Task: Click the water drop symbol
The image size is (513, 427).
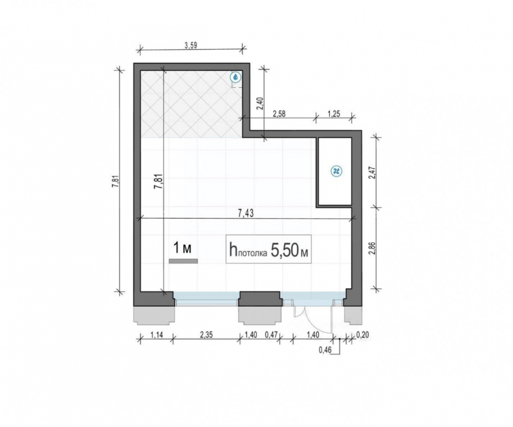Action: pos(235,77)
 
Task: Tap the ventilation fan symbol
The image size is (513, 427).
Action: pos(336,171)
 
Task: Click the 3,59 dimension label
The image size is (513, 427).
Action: pos(191,46)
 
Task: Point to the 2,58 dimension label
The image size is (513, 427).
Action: pos(279,114)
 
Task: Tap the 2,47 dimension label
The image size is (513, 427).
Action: pos(371,173)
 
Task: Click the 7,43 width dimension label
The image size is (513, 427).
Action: pos(245,213)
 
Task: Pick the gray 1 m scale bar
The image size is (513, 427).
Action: pos(183,261)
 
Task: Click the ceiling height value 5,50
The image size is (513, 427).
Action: pos(285,250)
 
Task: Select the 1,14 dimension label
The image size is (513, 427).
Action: pos(156,335)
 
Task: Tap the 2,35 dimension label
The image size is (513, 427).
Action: pos(206,335)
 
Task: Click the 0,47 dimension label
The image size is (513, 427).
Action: pos(271,335)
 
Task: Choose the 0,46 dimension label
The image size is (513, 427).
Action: pos(325,351)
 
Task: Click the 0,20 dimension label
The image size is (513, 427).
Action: pos(362,335)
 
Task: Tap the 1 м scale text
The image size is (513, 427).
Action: pos(182,248)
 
